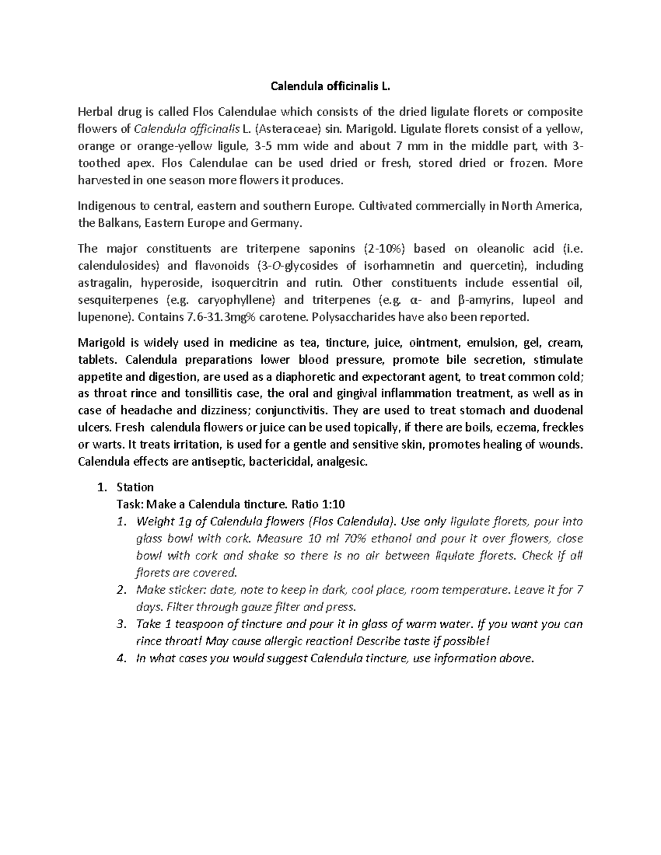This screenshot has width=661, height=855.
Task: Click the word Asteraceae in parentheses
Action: pyautogui.click(x=285, y=129)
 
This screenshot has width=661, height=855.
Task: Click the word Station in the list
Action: pyautogui.click(x=135, y=487)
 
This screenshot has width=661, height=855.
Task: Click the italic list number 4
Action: pyautogui.click(x=122, y=658)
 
